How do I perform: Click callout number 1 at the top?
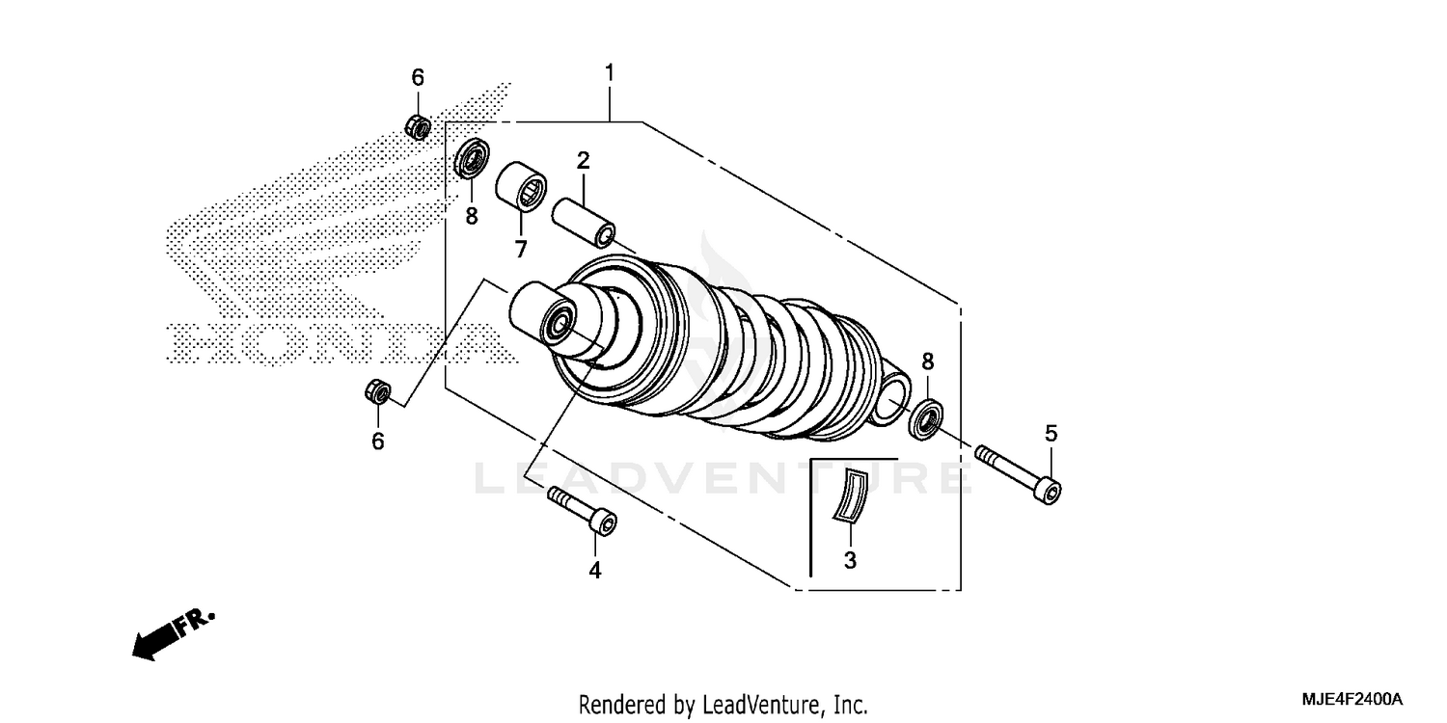pos(609,73)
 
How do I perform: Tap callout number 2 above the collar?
pos(583,159)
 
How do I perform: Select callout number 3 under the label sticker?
pos(850,559)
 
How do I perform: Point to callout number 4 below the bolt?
pos(595,571)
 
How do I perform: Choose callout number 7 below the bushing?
pos(520,250)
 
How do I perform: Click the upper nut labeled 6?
pos(418,125)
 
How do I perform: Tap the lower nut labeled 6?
pos(378,391)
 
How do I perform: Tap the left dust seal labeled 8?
pos(472,159)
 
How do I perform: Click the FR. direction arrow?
pos(172,634)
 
